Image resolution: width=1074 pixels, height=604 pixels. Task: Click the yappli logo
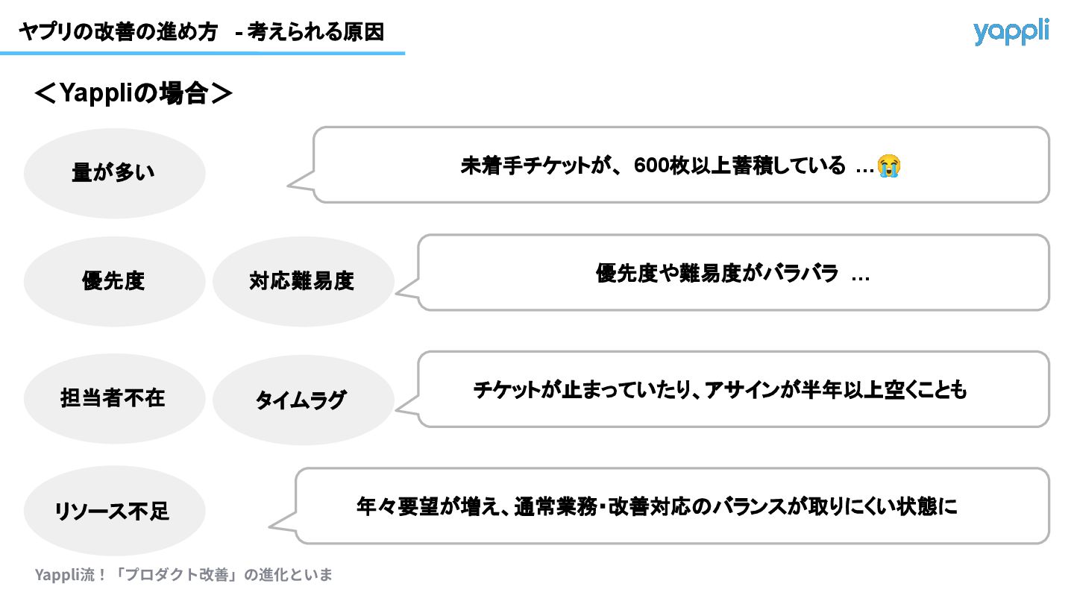point(1011,31)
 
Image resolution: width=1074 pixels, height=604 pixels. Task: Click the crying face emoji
point(889,166)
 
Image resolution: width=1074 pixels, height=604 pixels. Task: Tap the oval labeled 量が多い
point(114,173)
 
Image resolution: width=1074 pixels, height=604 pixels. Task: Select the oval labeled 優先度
point(114,281)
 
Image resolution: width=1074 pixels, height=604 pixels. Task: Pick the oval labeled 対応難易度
point(302,281)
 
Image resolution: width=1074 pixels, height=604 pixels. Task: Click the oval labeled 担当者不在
point(114,398)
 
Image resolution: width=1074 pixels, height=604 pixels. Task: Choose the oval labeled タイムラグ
point(302,400)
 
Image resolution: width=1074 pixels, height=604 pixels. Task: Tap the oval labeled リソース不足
point(114,511)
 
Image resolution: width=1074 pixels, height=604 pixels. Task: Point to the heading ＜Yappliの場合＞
point(134,94)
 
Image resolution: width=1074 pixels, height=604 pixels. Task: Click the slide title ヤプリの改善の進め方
point(119,32)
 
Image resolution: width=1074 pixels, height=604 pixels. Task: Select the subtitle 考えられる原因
point(316,32)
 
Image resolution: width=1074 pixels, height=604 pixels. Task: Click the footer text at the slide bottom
point(183,574)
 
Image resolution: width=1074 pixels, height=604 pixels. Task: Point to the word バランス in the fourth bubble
point(750,506)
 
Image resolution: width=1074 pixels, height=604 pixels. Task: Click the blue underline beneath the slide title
point(202,53)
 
